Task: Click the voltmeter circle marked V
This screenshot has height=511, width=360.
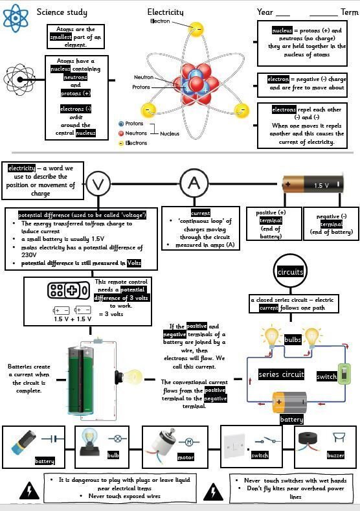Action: point(98,184)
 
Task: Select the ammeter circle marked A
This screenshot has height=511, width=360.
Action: point(194,183)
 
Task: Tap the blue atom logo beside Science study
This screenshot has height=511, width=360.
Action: point(16,18)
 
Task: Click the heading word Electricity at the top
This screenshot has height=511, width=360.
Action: point(165,12)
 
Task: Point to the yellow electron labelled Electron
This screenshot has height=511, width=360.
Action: point(196,29)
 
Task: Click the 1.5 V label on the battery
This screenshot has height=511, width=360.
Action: point(321,185)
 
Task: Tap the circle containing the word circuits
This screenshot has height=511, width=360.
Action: point(290,271)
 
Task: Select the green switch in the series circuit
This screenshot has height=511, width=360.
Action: point(344,374)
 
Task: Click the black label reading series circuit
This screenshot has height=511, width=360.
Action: point(281,374)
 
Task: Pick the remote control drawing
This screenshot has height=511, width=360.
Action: point(69,290)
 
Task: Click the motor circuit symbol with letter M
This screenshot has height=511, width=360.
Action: point(189,442)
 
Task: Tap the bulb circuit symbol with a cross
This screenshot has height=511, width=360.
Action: point(118,438)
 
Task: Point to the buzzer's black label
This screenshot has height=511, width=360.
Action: point(335,455)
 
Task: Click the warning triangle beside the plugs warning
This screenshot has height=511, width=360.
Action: point(29,491)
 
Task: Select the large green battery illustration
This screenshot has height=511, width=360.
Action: point(81,380)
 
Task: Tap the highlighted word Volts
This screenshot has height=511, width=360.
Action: point(134,263)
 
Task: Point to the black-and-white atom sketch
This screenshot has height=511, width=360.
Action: point(19,80)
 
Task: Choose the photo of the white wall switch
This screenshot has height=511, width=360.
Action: point(234,445)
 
